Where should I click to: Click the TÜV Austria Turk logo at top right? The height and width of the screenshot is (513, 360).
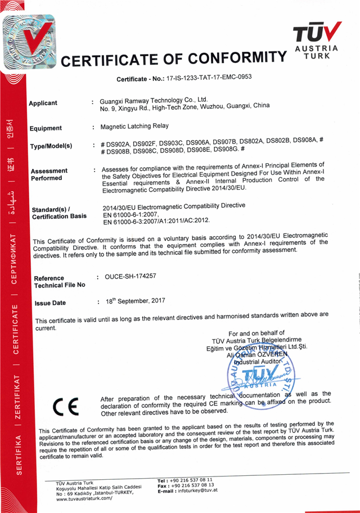click(316, 40)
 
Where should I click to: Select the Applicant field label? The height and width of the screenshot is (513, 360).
click(43, 103)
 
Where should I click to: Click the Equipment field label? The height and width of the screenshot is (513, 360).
click(46, 128)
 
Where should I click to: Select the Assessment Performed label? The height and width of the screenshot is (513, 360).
click(49, 174)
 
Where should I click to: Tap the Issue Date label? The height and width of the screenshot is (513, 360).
click(50, 303)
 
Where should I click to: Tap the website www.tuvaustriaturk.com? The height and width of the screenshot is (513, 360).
click(84, 498)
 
